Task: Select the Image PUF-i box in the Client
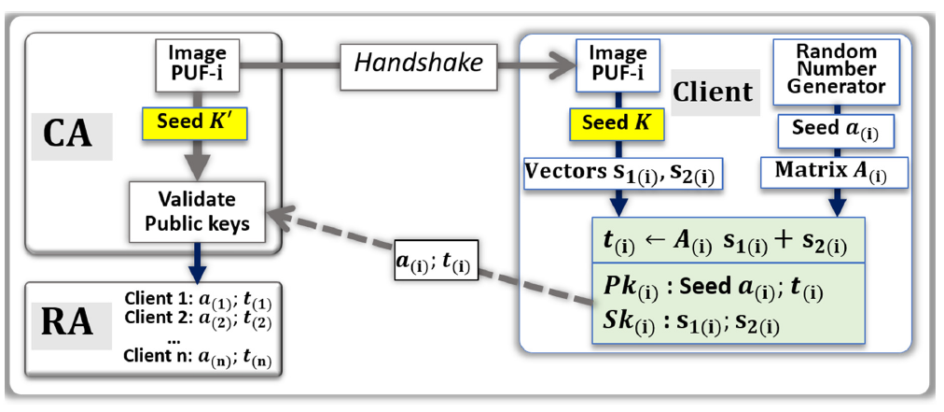click(x=613, y=64)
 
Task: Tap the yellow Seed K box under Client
click(x=612, y=123)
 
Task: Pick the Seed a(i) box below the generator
click(x=836, y=131)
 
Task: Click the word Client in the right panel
click(x=712, y=92)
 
